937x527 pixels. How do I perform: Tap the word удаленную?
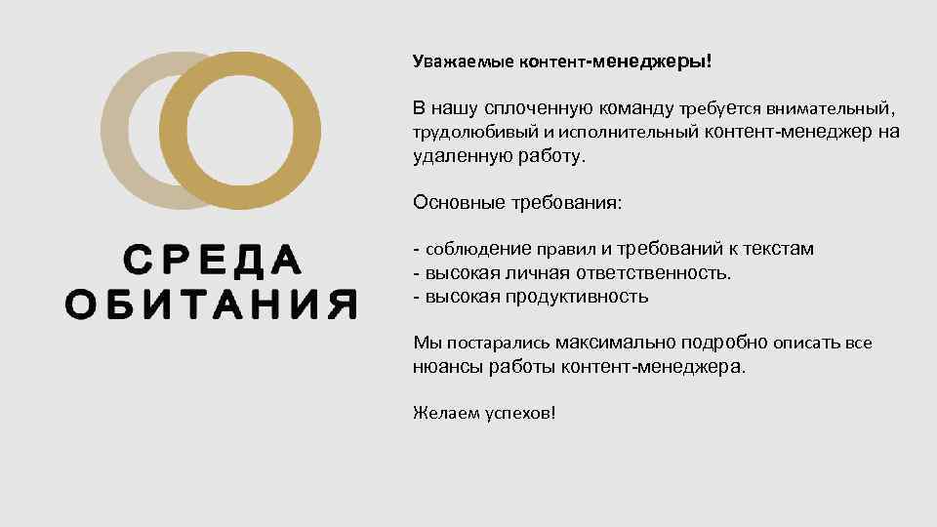[x=458, y=156]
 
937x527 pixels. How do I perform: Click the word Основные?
[x=456, y=203]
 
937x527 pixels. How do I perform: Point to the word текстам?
[x=775, y=249]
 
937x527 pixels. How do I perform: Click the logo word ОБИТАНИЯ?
[x=211, y=304]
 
